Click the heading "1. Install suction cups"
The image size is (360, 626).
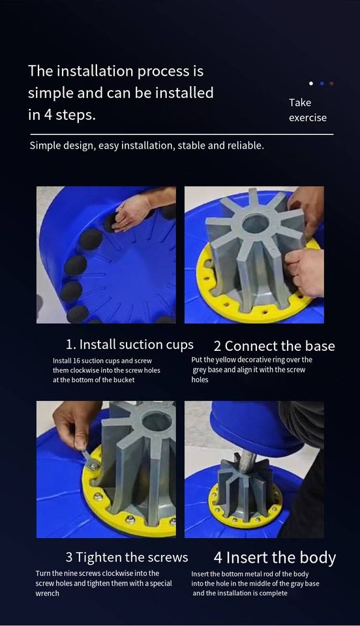click(x=130, y=344)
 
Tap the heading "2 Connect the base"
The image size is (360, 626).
click(x=274, y=346)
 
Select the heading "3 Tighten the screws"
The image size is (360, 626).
click(x=127, y=557)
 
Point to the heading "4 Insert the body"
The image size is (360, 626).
click(x=275, y=558)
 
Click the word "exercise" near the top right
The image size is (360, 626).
click(x=308, y=118)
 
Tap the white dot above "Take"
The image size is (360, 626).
click(x=311, y=83)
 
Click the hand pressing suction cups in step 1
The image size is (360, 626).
click(x=132, y=211)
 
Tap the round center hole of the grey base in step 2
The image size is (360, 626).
click(x=256, y=224)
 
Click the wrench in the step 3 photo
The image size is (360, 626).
click(x=91, y=460)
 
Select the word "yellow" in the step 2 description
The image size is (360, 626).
click(x=226, y=360)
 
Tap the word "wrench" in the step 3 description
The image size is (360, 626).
click(x=47, y=593)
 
